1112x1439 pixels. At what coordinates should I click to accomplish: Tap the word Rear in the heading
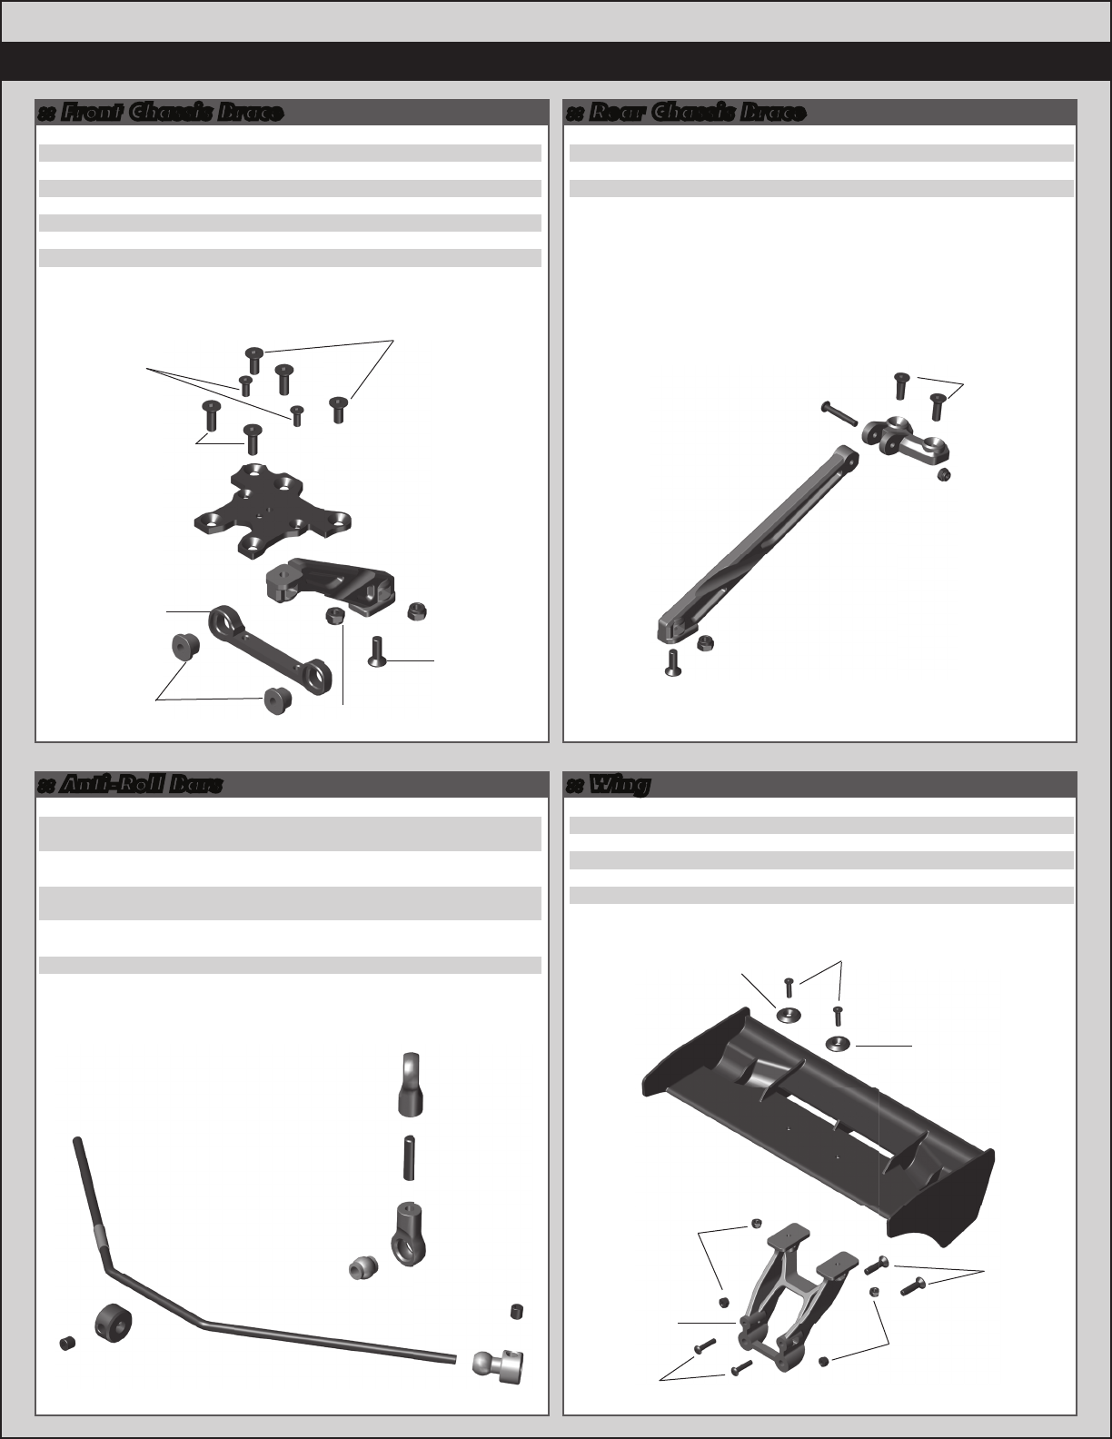pyautogui.click(x=617, y=113)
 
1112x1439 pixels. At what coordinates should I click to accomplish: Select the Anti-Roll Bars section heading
pyautogui.click(x=141, y=785)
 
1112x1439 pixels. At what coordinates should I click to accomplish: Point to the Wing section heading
pyautogui.click(x=620, y=785)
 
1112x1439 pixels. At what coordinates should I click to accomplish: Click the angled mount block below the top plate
pyautogui.click(x=330, y=582)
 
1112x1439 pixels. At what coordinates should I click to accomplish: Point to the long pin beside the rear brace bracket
pyautogui.click(x=839, y=413)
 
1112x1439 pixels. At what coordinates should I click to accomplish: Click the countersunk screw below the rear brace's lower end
pyautogui.click(x=673, y=663)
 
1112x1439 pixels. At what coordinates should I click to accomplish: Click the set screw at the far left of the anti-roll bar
pyautogui.click(x=67, y=1343)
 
